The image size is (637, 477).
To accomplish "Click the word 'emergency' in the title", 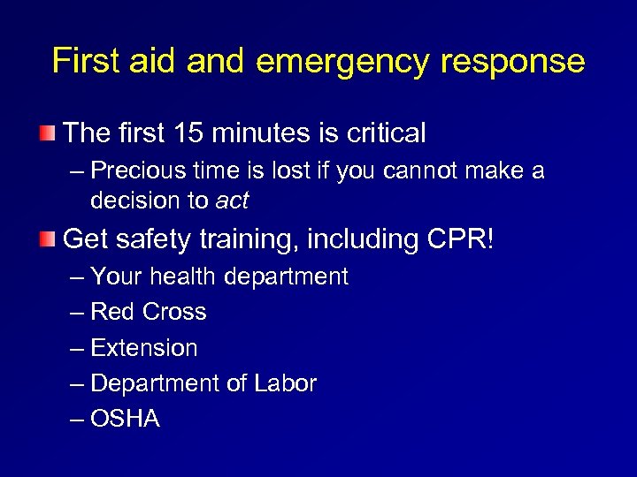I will pos(342,62).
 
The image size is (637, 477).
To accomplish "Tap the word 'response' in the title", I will pos(508,62).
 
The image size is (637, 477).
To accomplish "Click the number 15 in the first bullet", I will pos(188,133).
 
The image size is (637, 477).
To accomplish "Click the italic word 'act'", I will pos(232,201).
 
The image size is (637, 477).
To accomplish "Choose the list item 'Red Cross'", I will pos(148,312).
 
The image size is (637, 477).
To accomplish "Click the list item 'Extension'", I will pos(143,348).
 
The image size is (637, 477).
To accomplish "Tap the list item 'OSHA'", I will pos(125,419).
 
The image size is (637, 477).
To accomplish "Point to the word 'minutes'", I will pos(259,133).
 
